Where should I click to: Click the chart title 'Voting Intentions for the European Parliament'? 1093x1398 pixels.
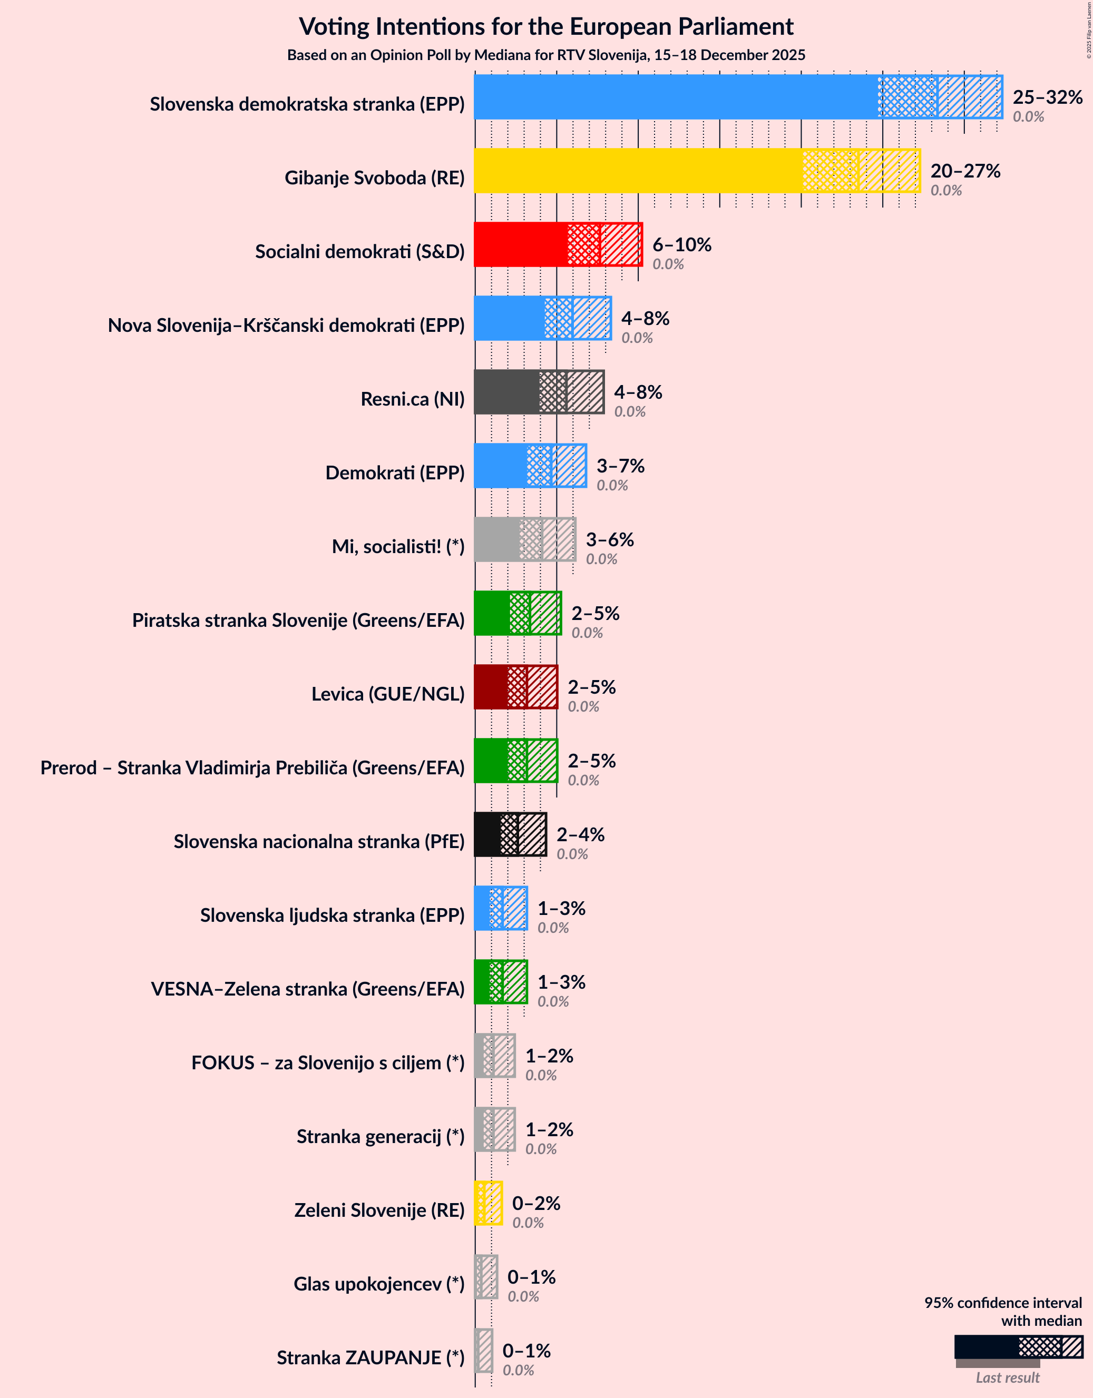click(546, 27)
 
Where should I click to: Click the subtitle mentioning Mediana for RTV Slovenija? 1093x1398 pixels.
click(546, 55)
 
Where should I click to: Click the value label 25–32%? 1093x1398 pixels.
click(1047, 96)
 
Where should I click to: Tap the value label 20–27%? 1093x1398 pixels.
click(965, 170)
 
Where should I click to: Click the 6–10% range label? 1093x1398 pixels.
click(681, 244)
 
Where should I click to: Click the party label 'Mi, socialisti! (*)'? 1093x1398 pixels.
click(398, 546)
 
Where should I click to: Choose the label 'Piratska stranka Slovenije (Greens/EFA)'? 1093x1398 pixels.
click(298, 619)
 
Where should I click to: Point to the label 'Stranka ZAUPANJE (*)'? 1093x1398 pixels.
click(370, 1357)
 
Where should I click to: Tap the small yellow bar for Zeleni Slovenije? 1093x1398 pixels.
click(488, 1203)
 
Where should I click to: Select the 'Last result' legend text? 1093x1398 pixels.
click(1007, 1377)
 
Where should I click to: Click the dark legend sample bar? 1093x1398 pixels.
click(985, 1346)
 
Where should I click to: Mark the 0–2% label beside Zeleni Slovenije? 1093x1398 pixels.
click(536, 1203)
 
